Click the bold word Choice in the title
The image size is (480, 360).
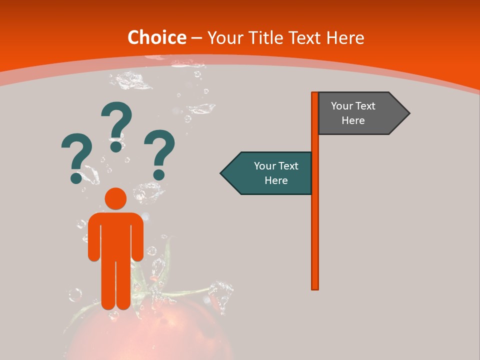click(x=156, y=37)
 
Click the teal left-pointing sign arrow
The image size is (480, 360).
click(x=267, y=173)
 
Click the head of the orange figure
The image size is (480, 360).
click(x=115, y=198)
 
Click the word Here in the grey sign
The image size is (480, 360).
click(x=353, y=120)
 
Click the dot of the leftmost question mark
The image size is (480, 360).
click(x=76, y=177)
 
